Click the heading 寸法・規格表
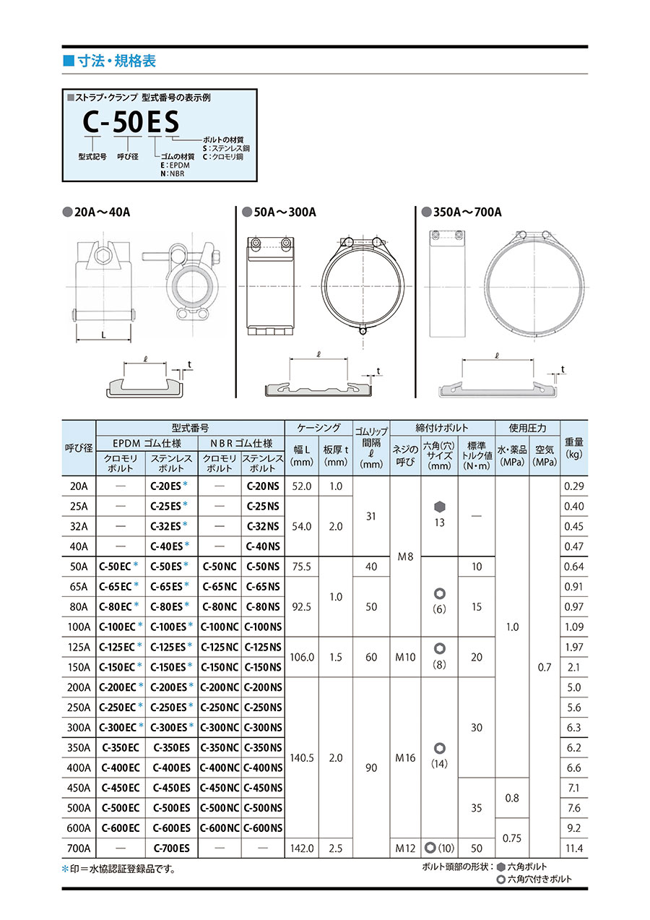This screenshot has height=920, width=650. tap(115, 61)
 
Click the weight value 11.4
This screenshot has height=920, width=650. tap(575, 848)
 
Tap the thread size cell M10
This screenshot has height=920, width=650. tap(405, 657)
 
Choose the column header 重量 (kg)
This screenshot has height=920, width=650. tap(575, 447)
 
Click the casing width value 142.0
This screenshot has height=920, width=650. tap(301, 848)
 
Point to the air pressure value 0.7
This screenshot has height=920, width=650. tap(545, 667)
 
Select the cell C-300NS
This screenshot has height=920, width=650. tap(263, 727)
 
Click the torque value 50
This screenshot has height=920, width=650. tap(477, 848)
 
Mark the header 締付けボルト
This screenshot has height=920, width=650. tap(442, 428)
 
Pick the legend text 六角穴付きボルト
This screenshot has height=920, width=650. tap(539, 880)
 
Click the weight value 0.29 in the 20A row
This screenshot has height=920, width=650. tap(575, 486)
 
